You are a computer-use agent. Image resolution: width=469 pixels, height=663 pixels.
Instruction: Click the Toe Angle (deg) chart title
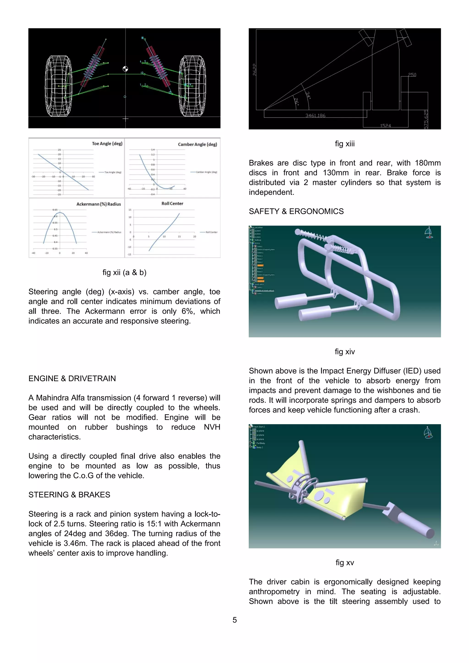(107, 143)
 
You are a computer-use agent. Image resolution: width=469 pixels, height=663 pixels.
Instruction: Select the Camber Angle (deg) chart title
(197, 144)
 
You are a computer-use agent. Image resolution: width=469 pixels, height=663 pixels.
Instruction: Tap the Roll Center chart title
(172, 204)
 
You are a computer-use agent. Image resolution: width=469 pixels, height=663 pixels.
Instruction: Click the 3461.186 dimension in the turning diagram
(315, 116)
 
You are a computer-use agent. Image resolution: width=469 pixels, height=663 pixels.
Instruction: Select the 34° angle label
(308, 96)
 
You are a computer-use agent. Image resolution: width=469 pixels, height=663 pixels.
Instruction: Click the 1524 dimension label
(385, 126)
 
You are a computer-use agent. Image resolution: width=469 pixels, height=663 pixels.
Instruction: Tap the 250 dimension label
(412, 75)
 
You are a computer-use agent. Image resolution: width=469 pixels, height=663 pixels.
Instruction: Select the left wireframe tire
(58, 86)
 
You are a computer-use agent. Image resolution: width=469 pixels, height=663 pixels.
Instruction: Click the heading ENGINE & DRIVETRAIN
(72, 379)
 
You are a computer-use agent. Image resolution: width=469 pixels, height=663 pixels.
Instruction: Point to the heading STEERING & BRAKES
(69, 495)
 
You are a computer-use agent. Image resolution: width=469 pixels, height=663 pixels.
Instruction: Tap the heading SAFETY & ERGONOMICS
(296, 211)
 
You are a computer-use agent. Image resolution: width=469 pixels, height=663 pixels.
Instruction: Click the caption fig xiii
(344, 144)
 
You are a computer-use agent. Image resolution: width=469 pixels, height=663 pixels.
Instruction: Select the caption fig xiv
(344, 352)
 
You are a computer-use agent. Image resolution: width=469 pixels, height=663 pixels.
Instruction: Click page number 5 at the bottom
(234, 620)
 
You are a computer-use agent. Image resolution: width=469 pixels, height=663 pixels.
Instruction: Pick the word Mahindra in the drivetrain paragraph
(60, 398)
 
